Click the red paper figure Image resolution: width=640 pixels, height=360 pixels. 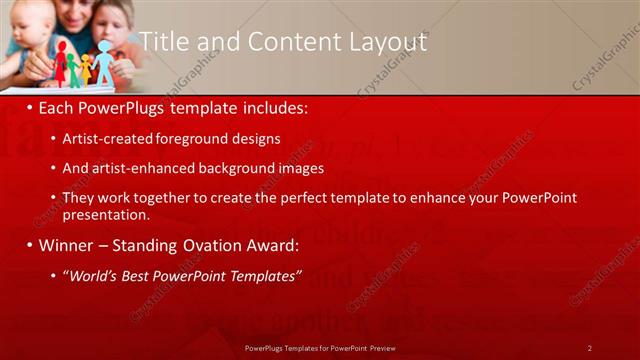click(x=61, y=63)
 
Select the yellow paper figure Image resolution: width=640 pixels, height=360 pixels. click(x=87, y=68)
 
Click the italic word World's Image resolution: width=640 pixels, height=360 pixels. click(x=92, y=276)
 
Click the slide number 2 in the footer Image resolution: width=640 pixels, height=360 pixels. click(x=589, y=347)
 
